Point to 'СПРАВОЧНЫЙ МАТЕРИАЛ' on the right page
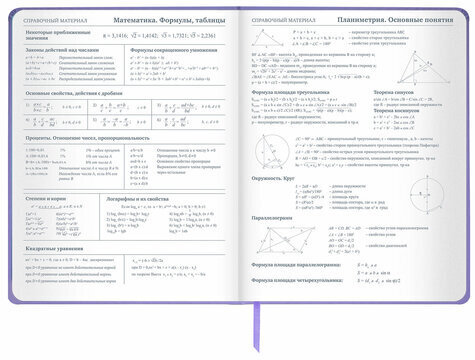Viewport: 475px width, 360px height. coord(277,20)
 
